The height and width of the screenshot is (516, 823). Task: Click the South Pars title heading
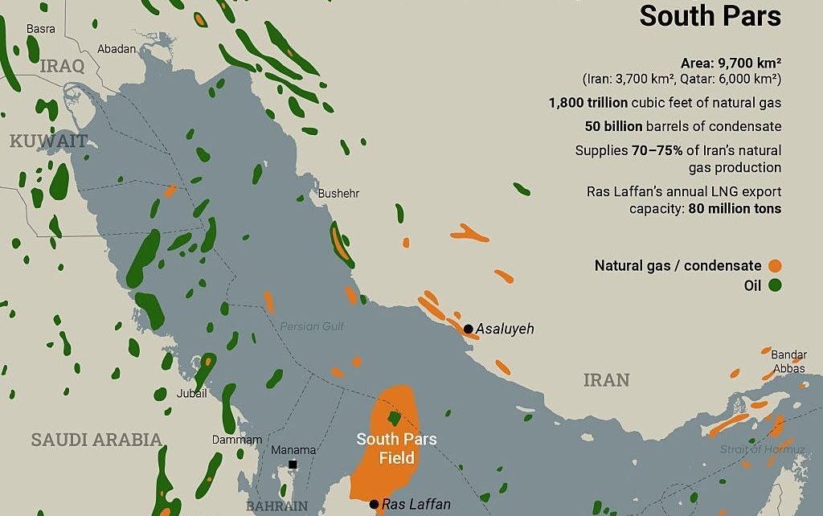(710, 16)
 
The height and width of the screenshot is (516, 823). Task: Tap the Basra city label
(41, 29)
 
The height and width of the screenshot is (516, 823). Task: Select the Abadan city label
(117, 49)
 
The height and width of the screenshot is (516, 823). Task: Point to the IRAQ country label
(62, 66)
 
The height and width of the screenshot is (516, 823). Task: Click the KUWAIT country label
(48, 141)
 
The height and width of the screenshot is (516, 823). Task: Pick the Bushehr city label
(338, 194)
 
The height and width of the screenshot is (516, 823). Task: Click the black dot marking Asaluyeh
(468, 329)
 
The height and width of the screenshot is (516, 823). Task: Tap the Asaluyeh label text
(505, 329)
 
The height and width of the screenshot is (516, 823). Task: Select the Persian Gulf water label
(312, 326)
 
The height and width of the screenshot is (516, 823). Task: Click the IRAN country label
(606, 380)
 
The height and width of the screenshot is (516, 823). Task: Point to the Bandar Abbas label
(788, 362)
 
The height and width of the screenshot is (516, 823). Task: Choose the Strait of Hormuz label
(762, 449)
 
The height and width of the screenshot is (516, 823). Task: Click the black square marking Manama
(293, 465)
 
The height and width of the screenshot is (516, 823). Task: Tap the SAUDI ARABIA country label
(96, 440)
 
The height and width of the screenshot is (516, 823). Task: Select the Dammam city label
(237, 440)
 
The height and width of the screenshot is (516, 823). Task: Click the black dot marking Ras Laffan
(374, 505)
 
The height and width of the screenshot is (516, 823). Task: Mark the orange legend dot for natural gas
(775, 266)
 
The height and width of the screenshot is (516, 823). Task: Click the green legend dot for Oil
(775, 285)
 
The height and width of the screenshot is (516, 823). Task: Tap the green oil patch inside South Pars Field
(394, 418)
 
